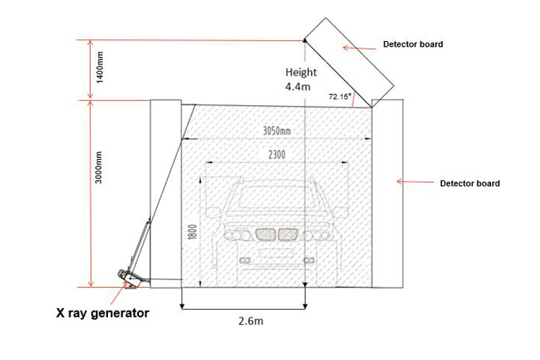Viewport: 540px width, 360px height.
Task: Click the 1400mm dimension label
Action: [101, 67]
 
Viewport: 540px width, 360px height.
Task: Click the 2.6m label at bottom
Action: [250, 321]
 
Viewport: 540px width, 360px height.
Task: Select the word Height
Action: [301, 72]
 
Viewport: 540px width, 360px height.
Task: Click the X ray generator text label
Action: [103, 313]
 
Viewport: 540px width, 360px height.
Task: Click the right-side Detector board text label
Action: [469, 184]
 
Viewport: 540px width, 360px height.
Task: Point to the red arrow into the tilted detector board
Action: [360, 48]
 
